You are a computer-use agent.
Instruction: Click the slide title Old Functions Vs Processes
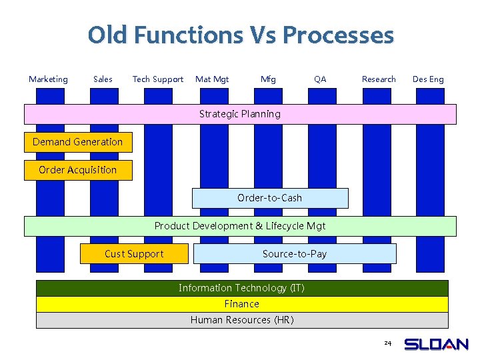click(x=241, y=35)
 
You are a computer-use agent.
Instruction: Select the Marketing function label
click(x=48, y=79)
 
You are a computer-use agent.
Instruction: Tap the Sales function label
click(x=103, y=79)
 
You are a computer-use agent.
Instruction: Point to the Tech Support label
click(x=158, y=79)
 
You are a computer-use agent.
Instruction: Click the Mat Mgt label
click(x=212, y=79)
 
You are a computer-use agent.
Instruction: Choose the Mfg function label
click(x=268, y=79)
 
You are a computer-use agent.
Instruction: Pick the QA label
click(x=320, y=79)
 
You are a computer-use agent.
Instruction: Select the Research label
click(x=379, y=79)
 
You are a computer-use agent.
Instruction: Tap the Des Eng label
click(x=428, y=79)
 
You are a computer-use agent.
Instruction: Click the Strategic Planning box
click(x=240, y=114)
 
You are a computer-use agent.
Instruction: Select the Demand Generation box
click(x=78, y=142)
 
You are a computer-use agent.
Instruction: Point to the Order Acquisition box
click(x=78, y=170)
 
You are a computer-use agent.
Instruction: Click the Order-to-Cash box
click(x=270, y=198)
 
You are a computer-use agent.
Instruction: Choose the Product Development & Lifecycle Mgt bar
click(x=240, y=226)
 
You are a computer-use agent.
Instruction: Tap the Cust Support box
click(x=133, y=254)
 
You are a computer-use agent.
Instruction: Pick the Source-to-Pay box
click(x=294, y=254)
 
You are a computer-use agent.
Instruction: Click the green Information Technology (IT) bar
click(x=241, y=288)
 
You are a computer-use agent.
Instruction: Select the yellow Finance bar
click(x=241, y=304)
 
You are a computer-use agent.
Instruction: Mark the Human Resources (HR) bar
click(x=241, y=320)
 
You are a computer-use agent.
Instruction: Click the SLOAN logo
click(x=437, y=345)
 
